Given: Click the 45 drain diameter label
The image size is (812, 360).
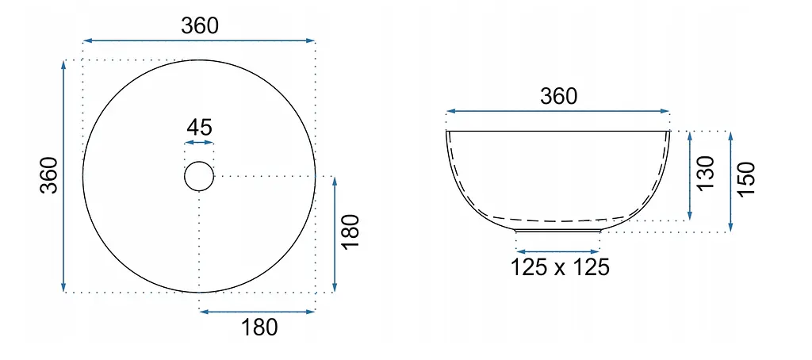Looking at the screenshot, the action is pos(199,127).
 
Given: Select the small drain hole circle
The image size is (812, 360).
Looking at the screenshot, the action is pos(199,162).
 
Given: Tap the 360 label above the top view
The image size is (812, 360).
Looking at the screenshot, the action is pos(200,26).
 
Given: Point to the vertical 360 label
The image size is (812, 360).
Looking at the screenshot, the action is pos(49,175).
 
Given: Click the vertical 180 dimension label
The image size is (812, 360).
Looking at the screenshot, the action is pos(350,232).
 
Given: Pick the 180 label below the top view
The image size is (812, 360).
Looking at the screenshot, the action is pos(259,327).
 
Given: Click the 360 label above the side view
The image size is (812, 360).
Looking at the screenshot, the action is pos(558,97).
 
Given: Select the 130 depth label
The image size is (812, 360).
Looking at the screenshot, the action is pos(706,174).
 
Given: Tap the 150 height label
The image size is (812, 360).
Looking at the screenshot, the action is pos(746,178).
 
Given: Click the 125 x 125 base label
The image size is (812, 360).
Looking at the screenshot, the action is pos(560,267).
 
